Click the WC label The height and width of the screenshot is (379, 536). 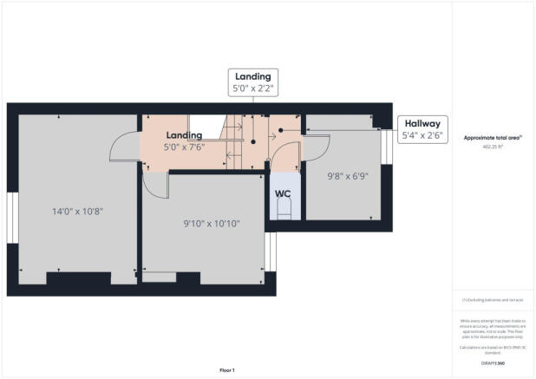pyautogui.click(x=283, y=193)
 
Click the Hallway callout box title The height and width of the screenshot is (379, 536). pyautogui.click(x=422, y=123)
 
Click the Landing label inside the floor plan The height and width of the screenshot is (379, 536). pyautogui.click(x=185, y=135)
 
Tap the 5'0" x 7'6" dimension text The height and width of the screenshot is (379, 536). pyautogui.click(x=185, y=147)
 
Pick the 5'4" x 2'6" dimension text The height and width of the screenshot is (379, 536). pyautogui.click(x=422, y=136)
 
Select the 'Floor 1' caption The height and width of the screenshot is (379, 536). pyautogui.click(x=226, y=369)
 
